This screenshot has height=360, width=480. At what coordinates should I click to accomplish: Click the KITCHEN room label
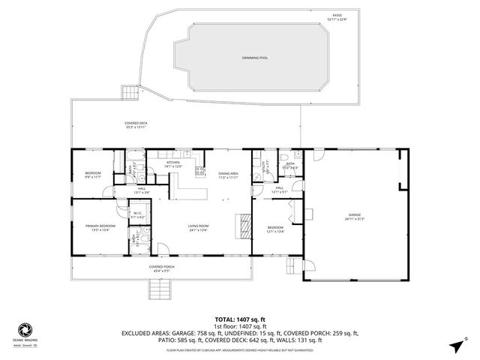173,164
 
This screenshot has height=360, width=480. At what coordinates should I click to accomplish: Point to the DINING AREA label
228,176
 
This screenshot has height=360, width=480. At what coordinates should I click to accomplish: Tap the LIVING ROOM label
198,229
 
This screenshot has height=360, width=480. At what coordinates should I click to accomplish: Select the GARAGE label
353,217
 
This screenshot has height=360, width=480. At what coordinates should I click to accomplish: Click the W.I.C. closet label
137,215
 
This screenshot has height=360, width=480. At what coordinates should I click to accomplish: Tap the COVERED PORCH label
162,268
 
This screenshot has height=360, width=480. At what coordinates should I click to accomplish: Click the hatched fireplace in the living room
244,224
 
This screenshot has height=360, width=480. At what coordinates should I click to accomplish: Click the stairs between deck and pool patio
131,93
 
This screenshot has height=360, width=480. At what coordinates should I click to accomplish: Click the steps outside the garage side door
289,267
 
